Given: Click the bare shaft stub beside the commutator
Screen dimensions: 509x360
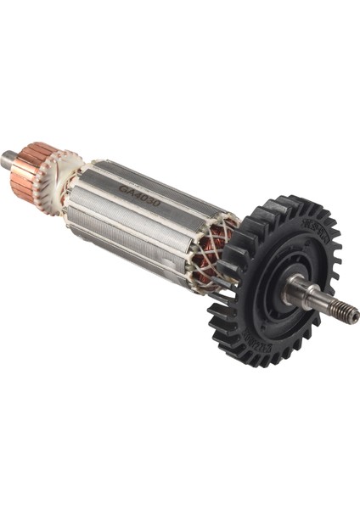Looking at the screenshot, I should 8,157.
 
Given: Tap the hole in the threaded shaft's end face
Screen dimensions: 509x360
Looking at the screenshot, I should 353,316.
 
